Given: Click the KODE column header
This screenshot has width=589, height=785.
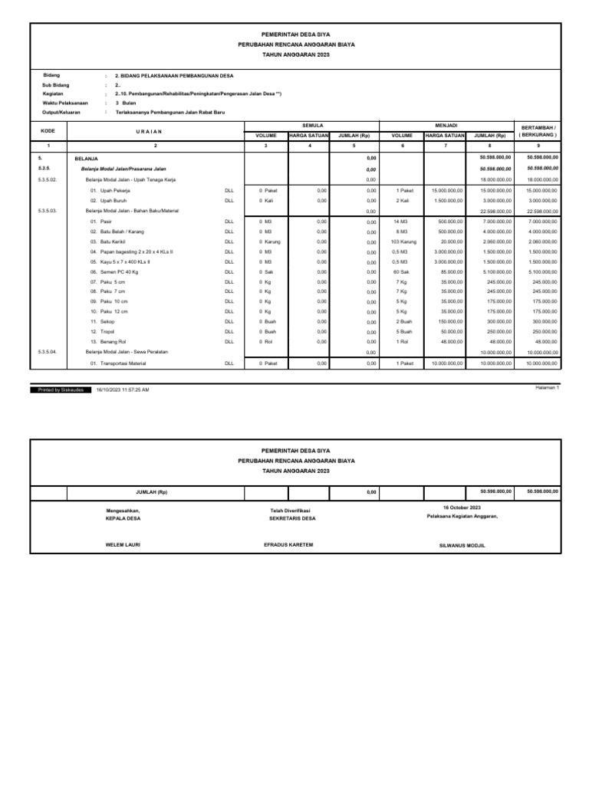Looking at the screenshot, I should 48,130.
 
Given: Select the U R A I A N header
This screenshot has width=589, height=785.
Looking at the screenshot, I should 155,131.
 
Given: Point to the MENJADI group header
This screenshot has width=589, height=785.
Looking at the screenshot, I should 446,124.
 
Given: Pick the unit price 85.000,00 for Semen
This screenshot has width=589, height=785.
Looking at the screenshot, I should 450,271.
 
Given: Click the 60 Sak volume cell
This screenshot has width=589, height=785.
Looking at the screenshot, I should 403,271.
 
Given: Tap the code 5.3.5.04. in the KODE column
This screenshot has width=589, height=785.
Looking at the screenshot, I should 48,351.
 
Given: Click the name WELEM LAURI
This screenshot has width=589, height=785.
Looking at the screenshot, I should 123,544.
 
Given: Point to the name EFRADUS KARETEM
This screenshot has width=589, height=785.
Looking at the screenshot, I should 288,544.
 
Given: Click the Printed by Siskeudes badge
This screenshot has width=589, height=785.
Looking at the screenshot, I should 61,389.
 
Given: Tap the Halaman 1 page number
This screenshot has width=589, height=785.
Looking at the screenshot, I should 547,388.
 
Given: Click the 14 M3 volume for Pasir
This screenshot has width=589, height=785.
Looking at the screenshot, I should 403,220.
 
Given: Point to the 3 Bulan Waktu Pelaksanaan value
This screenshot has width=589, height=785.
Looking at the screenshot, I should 127,103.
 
